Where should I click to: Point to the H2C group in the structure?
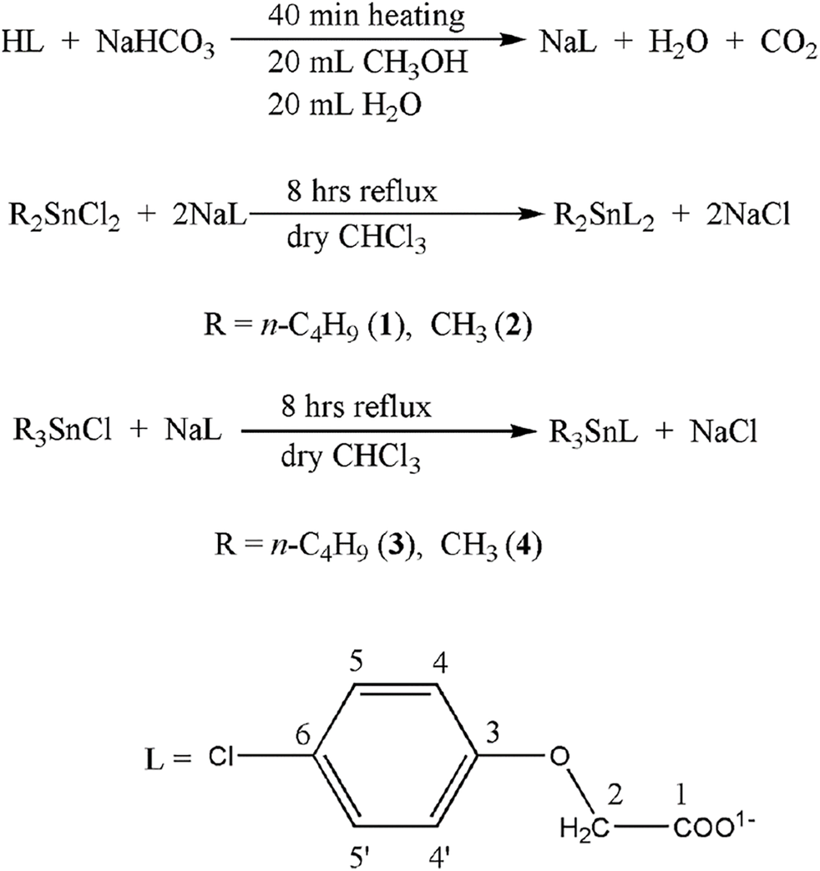point(579,829)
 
